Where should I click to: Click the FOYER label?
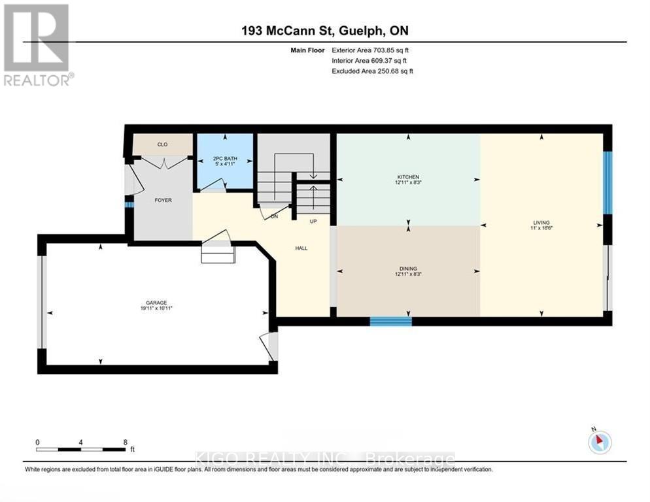(x=163, y=200)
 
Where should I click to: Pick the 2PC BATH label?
(x=224, y=159)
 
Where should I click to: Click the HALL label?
(x=301, y=248)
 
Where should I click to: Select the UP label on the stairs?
(x=313, y=222)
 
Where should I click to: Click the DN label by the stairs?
(x=275, y=216)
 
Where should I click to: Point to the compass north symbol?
(x=600, y=443)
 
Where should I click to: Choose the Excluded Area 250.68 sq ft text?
(x=373, y=71)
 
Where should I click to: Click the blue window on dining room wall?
(x=390, y=321)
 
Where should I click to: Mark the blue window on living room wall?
(x=607, y=182)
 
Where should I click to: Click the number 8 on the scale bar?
(x=125, y=442)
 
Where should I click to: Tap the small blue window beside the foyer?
(x=129, y=205)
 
